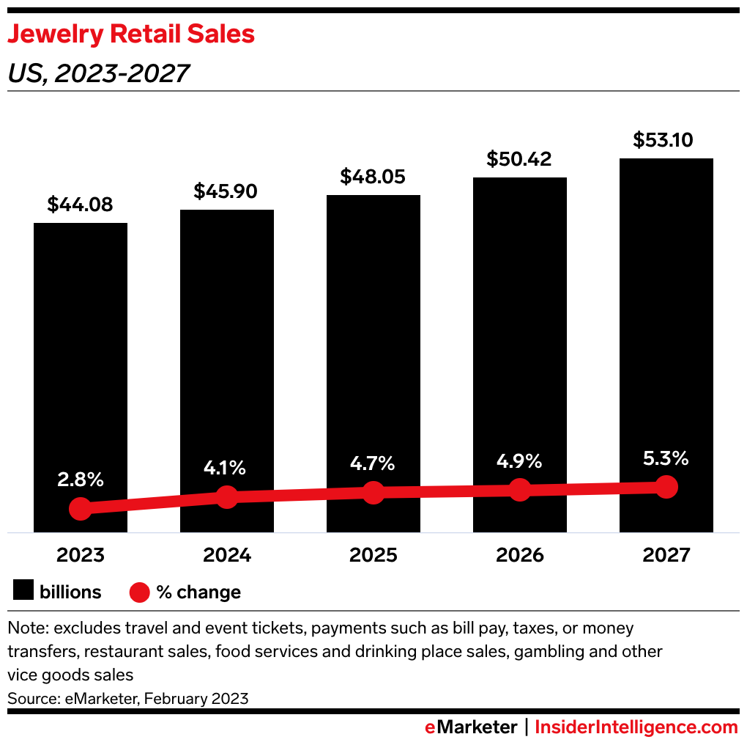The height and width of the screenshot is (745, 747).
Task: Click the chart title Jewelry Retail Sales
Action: click(x=131, y=34)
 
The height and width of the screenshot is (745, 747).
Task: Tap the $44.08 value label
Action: click(x=80, y=205)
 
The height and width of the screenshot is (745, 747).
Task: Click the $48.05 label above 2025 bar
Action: click(x=373, y=177)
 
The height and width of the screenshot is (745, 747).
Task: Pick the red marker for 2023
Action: click(x=80, y=508)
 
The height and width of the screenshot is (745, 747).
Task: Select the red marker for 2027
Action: click(x=666, y=486)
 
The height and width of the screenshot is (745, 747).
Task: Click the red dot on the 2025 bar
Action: click(x=373, y=493)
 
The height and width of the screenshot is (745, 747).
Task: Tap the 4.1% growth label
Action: click(x=226, y=468)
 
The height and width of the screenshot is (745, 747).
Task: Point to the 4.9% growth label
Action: click(x=519, y=461)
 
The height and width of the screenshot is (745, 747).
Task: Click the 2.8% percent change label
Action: click(x=80, y=480)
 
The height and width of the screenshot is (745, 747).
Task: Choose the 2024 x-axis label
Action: click(x=226, y=555)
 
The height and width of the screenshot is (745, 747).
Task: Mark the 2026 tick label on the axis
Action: click(x=519, y=555)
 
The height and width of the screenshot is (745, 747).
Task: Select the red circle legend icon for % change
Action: click(x=140, y=592)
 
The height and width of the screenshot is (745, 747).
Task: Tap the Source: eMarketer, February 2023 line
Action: click(x=128, y=699)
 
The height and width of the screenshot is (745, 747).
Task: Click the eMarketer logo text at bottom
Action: click(x=471, y=727)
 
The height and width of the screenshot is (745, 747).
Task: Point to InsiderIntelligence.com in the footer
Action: click(x=636, y=727)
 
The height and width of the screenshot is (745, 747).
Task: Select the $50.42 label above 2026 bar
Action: click(x=519, y=158)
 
